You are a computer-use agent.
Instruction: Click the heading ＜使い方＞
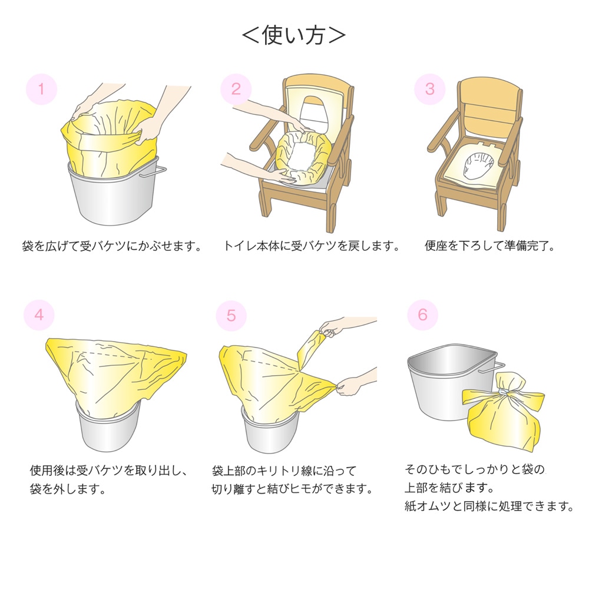tap(294, 36)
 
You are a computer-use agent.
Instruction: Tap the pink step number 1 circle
tap(41, 90)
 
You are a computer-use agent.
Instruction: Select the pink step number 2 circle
tap(236, 89)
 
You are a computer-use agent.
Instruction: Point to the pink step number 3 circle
tap(430, 89)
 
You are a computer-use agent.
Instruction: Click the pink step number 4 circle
tap(39, 315)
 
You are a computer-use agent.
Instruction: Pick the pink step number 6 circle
tap(422, 315)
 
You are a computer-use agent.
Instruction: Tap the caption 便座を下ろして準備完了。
tap(490, 246)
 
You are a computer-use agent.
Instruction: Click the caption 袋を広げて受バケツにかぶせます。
tap(112, 246)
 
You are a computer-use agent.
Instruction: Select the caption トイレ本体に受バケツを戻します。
tap(312, 246)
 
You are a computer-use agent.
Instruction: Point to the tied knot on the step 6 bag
tap(504, 392)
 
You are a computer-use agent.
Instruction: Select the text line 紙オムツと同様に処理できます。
tap(489, 506)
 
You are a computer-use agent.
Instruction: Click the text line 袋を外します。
tap(68, 489)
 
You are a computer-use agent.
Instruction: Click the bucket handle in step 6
tap(492, 368)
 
